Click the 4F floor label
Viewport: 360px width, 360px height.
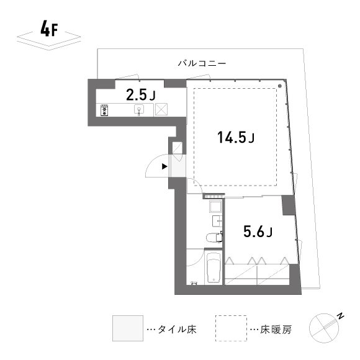pyautogui.click(x=48, y=29)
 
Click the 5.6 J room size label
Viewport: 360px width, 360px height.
pyautogui.click(x=256, y=232)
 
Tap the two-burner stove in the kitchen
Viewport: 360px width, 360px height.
pyautogui.click(x=104, y=110)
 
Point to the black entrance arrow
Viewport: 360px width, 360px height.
pyautogui.click(x=164, y=166)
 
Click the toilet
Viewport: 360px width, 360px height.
pyautogui.click(x=213, y=236)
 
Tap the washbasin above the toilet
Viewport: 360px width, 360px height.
pyautogui.click(x=218, y=221)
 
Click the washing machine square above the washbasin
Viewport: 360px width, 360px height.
pyautogui.click(x=215, y=206)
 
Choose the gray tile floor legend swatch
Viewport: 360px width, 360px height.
pyautogui.click(x=126, y=328)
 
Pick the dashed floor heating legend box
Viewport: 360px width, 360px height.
pyautogui.click(x=230, y=328)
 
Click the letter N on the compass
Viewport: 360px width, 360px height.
pyautogui.click(x=341, y=316)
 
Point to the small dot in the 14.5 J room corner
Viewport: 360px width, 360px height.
pyautogui.click(x=281, y=86)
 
